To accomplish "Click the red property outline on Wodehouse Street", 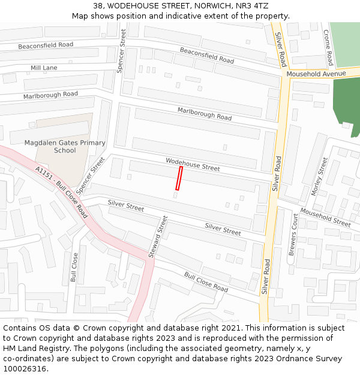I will pos(179,178).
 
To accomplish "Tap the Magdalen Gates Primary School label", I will pos(65,146).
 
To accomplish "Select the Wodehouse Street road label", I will pos(193,164).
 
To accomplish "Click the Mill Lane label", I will pos(44,68).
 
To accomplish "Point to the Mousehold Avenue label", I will pos(316,74).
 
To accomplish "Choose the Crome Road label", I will pos(328,48).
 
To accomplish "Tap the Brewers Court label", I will pos(294,235).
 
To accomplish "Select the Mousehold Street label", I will pos(325,217).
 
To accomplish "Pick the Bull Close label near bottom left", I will pos(74,267).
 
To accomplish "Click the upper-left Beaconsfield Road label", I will pos(46,45).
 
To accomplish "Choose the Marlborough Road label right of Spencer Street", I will pos(204,113).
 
